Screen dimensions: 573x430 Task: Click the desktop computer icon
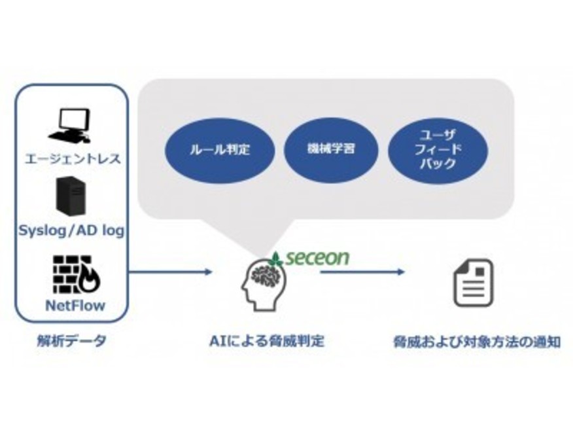70,126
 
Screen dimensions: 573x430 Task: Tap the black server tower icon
71,196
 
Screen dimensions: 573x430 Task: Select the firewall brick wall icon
77,274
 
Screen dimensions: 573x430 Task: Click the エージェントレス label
73,158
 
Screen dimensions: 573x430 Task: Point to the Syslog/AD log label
72,231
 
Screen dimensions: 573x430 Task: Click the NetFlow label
75,305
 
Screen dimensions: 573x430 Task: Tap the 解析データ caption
72,341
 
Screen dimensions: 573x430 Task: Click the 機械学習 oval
331,149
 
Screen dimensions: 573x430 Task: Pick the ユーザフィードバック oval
438,151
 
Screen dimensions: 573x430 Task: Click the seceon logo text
317,258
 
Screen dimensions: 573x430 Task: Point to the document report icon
473,283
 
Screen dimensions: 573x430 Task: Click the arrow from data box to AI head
171,272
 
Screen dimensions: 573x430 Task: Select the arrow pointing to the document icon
363,272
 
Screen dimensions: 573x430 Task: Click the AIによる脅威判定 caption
267,341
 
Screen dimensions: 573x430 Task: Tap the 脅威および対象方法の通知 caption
477,342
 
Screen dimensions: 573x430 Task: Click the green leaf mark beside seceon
277,259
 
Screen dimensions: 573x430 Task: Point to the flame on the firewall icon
90,281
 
